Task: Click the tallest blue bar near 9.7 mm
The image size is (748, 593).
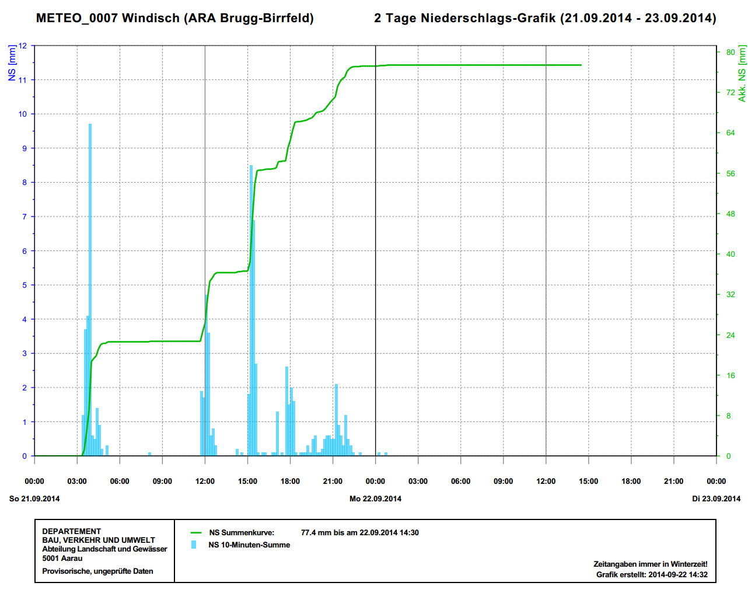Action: click(90, 292)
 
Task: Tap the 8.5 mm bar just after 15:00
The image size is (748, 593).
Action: click(251, 309)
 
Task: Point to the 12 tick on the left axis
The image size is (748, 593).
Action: click(23, 46)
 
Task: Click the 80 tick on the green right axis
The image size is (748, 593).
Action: click(730, 52)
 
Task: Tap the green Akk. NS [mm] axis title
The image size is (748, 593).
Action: click(742, 74)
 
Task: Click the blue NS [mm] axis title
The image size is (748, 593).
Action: click(12, 62)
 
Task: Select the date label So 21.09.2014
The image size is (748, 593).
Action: click(34, 498)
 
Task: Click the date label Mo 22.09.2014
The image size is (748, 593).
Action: click(375, 498)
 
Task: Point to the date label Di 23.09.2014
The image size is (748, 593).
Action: click(716, 498)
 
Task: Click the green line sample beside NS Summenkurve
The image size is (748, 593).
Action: click(196, 532)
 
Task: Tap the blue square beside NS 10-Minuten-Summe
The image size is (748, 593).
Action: click(194, 545)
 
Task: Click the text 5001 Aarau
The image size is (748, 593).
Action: click(62, 558)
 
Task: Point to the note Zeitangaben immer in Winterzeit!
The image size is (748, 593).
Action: click(650, 564)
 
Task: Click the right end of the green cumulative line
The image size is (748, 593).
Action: click(581, 65)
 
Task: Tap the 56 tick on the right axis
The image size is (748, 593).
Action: click(730, 173)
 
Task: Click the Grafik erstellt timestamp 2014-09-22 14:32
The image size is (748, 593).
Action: click(677, 574)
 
